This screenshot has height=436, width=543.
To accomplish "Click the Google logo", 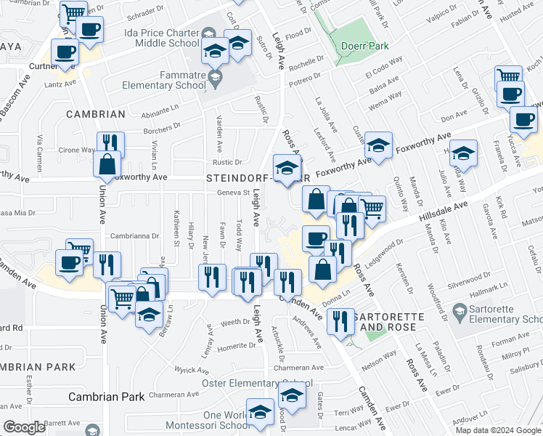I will click(24, 427).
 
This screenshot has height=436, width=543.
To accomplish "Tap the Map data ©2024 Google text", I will click(499, 429).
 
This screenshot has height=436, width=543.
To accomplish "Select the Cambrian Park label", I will click(107, 397).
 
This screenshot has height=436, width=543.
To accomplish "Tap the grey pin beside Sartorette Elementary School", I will click(458, 313).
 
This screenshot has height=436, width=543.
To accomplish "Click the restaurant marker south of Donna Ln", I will click(339, 320).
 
